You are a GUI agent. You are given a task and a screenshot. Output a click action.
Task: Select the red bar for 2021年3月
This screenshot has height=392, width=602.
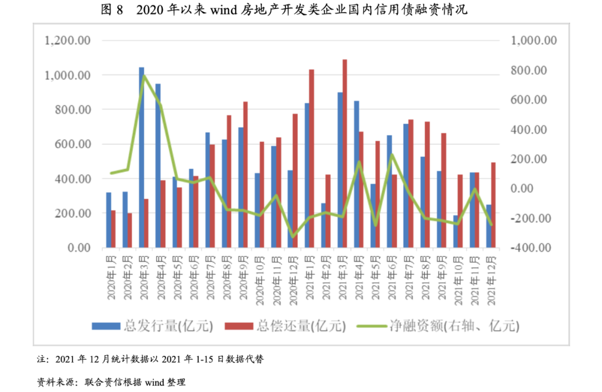click(x=345, y=153)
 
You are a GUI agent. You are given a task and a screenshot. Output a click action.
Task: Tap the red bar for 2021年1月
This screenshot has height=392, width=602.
click(x=312, y=158)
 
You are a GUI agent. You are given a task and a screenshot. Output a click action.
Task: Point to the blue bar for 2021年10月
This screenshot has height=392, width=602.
click(x=455, y=231)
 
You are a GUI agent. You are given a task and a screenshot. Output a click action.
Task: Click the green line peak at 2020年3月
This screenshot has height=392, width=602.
click(x=144, y=75)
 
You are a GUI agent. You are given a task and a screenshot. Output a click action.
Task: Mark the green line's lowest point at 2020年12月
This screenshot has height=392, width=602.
click(x=293, y=237)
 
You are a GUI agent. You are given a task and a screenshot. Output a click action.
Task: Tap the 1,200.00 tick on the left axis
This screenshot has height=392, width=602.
click(x=68, y=41)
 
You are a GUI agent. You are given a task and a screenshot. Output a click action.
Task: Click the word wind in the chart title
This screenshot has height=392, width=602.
click(x=224, y=10)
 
